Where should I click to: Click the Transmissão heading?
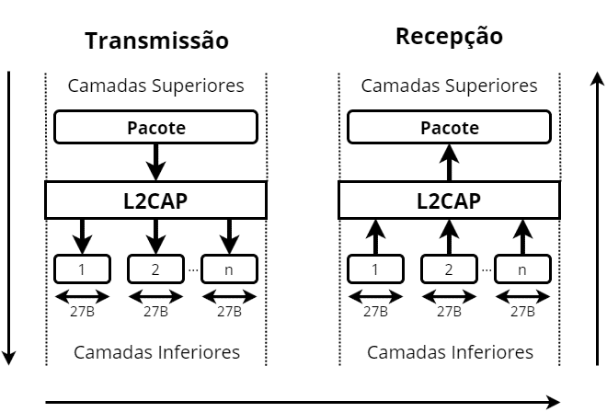(x=156, y=41)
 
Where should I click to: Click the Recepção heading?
(x=449, y=37)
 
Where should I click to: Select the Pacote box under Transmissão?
(x=155, y=127)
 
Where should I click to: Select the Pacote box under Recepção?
(x=449, y=127)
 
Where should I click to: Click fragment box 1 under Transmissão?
(x=83, y=269)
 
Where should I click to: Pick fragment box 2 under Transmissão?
(x=155, y=269)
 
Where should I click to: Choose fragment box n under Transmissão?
(x=229, y=269)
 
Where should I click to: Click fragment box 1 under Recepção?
(x=375, y=269)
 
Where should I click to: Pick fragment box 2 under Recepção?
(x=449, y=269)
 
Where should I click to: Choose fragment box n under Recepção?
(x=522, y=269)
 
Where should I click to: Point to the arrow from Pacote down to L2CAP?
(x=155, y=161)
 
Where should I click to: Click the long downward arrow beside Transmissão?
(x=11, y=216)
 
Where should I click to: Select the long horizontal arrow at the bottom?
(x=303, y=401)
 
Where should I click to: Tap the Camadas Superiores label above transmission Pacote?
(x=156, y=86)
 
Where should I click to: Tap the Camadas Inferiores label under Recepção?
(x=450, y=352)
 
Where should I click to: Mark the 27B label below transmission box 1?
(x=83, y=312)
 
